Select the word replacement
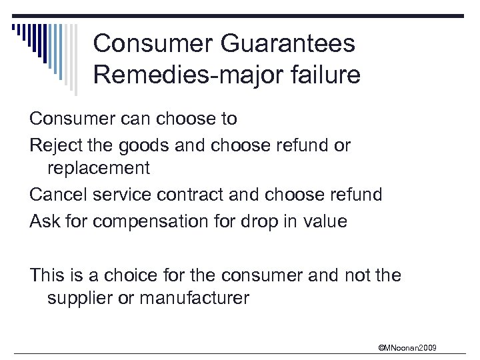[98, 169]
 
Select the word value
[326, 221]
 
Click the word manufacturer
[197, 298]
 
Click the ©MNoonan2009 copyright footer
[408, 347]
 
